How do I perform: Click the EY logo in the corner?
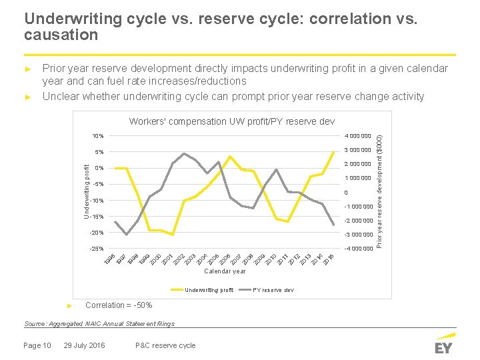tap(443, 343)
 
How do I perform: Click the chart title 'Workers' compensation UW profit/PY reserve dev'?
tap(232, 122)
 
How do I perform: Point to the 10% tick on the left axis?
tap(97, 136)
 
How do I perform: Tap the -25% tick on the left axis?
tap(96, 249)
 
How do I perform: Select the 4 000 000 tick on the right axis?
tap(358, 136)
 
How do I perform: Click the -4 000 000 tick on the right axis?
tap(357, 249)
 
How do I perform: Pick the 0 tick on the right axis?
tap(346, 193)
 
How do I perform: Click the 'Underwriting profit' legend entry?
tap(209, 290)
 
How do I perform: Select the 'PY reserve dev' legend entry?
tap(273, 290)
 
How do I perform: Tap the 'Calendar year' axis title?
tap(225, 271)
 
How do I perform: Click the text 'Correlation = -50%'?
tap(119, 305)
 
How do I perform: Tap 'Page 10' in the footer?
tap(37, 345)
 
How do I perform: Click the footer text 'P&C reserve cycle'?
tap(165, 345)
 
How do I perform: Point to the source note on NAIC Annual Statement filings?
tap(99, 324)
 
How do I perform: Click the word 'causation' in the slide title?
tap(61, 35)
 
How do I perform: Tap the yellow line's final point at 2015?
tap(333, 152)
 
